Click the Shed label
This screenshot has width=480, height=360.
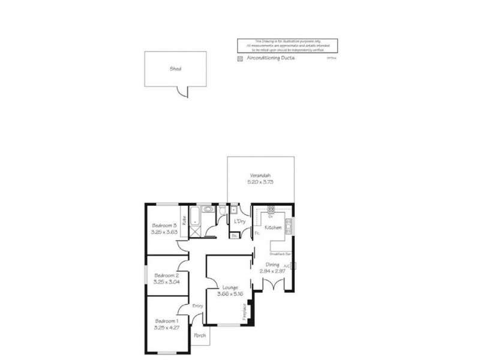pos(176,69)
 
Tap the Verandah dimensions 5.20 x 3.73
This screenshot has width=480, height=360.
pos(261,182)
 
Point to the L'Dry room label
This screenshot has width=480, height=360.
pos(240,222)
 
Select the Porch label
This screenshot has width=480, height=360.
pos(200,335)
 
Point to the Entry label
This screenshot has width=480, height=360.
pos(197,306)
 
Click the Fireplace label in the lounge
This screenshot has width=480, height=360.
pos(244,311)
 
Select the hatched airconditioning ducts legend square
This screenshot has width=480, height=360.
pos(241,59)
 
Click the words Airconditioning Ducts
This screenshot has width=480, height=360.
pos(270,59)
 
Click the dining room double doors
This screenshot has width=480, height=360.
pos(273,285)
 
